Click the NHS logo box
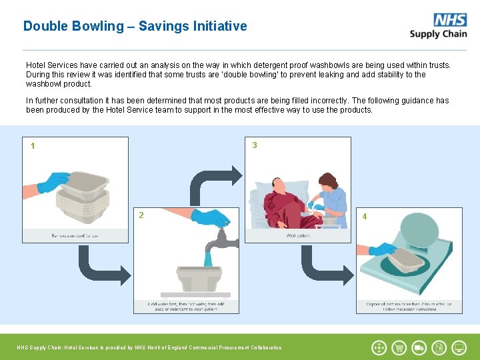450,20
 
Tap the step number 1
33,146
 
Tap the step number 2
141,215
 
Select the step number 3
255,145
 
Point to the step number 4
365,217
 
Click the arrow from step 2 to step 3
213,183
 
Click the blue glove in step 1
53,181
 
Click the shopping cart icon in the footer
399,347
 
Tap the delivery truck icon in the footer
419,347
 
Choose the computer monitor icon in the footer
459,347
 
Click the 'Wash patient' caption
298,235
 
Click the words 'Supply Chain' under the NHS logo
438,34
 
